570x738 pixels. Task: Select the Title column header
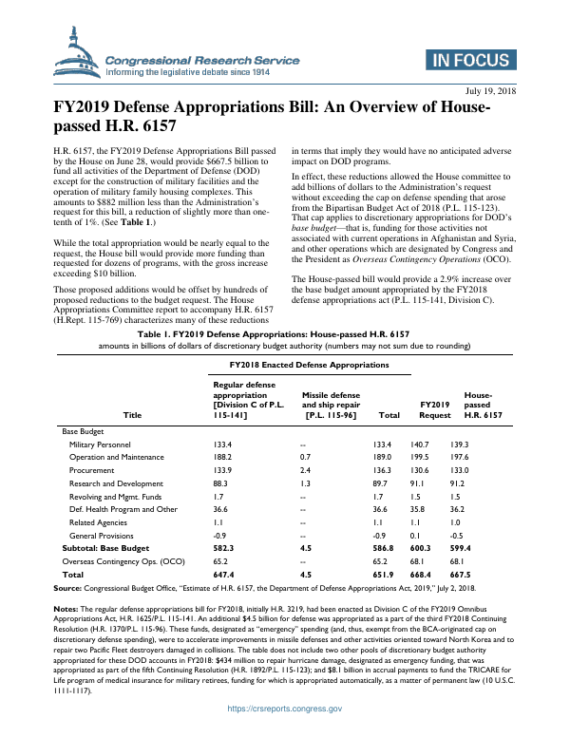point(131,415)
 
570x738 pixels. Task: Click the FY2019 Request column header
point(434,409)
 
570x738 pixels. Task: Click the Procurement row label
point(92,470)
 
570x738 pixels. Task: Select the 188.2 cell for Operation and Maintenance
point(223,457)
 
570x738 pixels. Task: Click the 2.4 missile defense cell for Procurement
point(304,470)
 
